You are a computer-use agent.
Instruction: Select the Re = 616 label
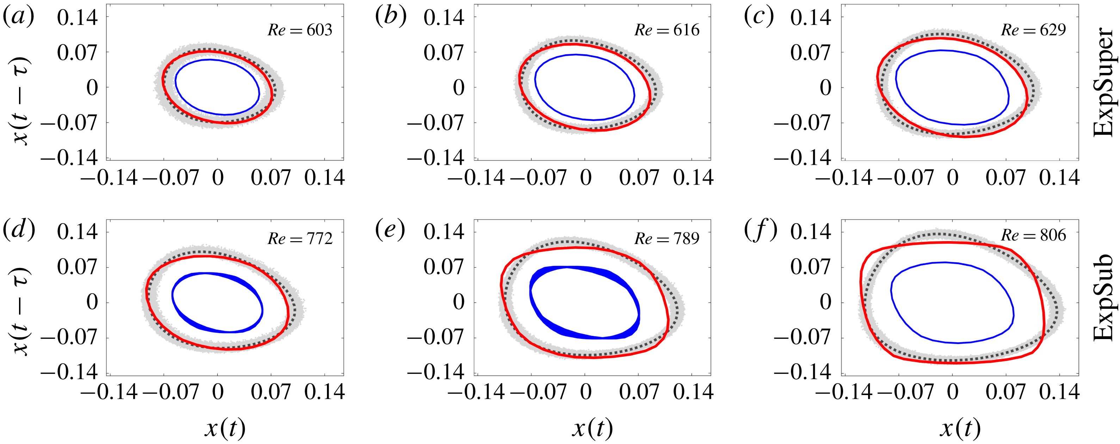pyautogui.click(x=667, y=30)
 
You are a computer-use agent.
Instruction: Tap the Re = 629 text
pyautogui.click(x=1033, y=30)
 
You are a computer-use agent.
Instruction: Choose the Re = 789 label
pyautogui.click(x=667, y=238)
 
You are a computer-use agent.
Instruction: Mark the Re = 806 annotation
pyautogui.click(x=1033, y=235)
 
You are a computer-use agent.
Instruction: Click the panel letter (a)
pyautogui.click(x=18, y=17)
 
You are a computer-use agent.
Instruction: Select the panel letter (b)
pyautogui.click(x=391, y=17)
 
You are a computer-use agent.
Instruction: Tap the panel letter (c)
pyautogui.click(x=759, y=17)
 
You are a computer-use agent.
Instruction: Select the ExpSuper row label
pyautogui.click(x=1105, y=82)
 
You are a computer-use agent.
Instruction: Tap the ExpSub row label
pyautogui.click(x=1105, y=297)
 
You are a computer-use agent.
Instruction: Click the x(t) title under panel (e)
pyautogui.click(x=592, y=429)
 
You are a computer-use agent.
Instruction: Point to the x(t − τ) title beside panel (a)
pyautogui.click(x=21, y=101)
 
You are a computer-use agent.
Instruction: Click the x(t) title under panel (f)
pyautogui.click(x=960, y=429)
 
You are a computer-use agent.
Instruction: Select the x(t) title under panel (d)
pyautogui.click(x=225, y=429)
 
